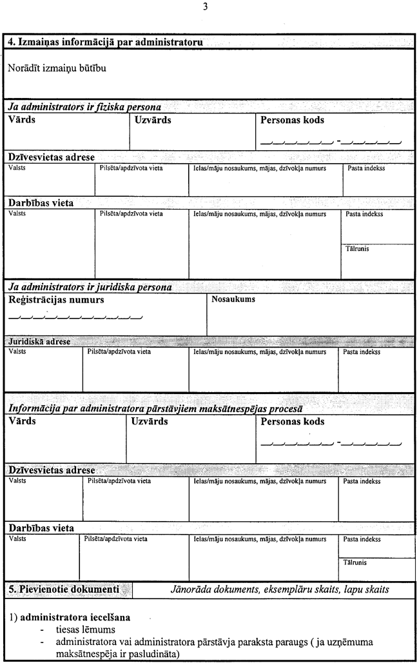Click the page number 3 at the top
[x=205, y=7]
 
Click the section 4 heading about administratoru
[x=106, y=42]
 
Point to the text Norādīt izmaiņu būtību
[x=57, y=68]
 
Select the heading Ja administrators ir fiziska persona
[x=84, y=107]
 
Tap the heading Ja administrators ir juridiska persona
[x=90, y=287]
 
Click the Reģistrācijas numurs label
[x=56, y=300]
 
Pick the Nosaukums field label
[x=233, y=299]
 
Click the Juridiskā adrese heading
[x=39, y=341]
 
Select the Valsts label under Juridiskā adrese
[x=17, y=352]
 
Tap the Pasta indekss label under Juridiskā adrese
[x=361, y=352]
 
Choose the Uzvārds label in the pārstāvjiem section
[x=149, y=422]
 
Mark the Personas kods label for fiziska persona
[x=292, y=120]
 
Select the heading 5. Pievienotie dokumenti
[x=64, y=589]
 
